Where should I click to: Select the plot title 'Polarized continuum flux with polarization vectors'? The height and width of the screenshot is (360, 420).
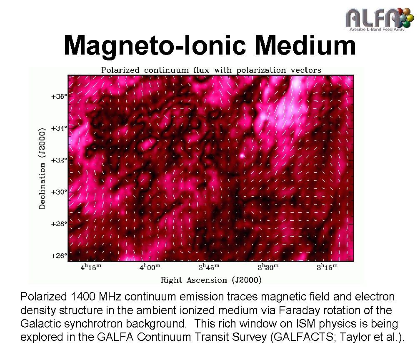pyautogui.click(x=209, y=70)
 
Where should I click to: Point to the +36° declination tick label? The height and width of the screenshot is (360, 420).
pyautogui.click(x=59, y=96)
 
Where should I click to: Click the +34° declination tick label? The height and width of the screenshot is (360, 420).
pyautogui.click(x=59, y=128)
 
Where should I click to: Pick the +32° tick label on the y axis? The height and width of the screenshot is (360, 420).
pyautogui.click(x=59, y=160)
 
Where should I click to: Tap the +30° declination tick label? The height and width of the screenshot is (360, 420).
pyautogui.click(x=59, y=192)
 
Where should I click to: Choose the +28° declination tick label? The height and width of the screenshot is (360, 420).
pyautogui.click(x=59, y=224)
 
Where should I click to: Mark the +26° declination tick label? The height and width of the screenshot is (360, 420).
pyautogui.click(x=59, y=255)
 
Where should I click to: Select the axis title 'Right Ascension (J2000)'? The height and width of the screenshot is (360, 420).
pyautogui.click(x=211, y=280)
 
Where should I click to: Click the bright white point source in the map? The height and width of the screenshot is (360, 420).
pyautogui.click(x=242, y=156)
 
